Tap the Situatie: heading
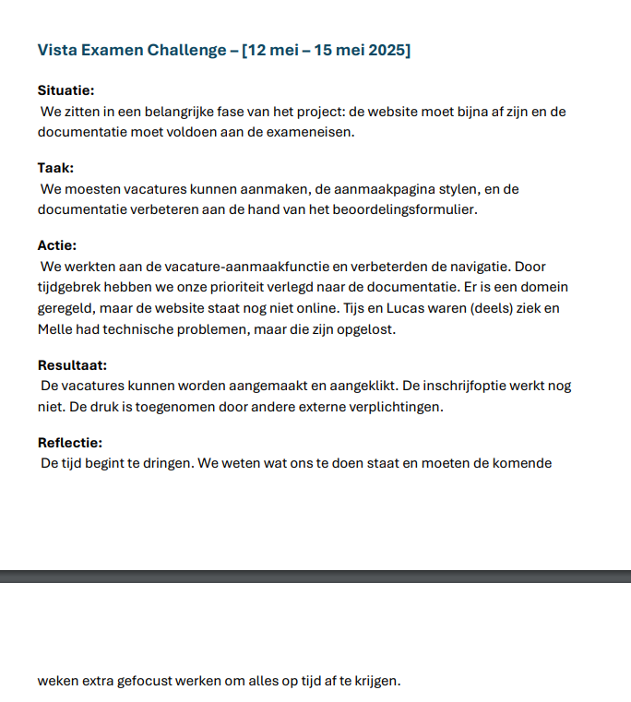66,90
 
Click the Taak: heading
55,168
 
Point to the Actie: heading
57,245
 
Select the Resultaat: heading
73,364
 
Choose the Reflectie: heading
70,442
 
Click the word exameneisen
313,132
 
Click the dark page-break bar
315,576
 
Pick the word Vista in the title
55,50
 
